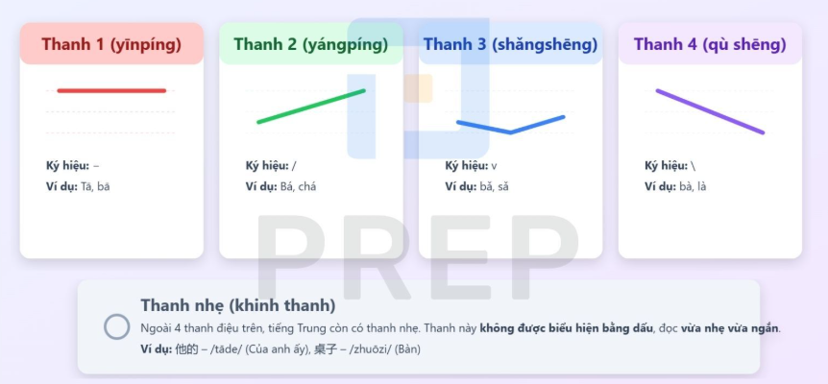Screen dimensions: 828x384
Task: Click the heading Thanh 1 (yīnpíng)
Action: pyautogui.click(x=111, y=44)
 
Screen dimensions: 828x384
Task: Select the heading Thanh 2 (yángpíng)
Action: pyautogui.click(x=311, y=44)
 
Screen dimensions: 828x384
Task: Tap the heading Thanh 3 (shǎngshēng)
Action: pyautogui.click(x=510, y=44)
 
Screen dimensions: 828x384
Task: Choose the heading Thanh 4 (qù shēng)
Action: pyautogui.click(x=710, y=44)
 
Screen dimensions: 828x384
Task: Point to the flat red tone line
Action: pyautogui.click(x=111, y=91)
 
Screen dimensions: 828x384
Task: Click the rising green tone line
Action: pyautogui.click(x=311, y=106)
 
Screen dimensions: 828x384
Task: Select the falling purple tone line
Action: pyautogui.click(x=710, y=111)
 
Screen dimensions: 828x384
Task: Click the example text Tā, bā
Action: pyautogui.click(x=95, y=186)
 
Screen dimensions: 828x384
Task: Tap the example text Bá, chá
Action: pyautogui.click(x=299, y=186)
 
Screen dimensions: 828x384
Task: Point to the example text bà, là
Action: pyautogui.click(x=693, y=186)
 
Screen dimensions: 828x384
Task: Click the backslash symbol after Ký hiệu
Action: pyautogui.click(x=693, y=166)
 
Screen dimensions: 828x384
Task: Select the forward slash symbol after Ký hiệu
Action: pyautogui.click(x=294, y=166)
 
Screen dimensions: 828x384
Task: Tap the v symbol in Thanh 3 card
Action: pyautogui.click(x=494, y=166)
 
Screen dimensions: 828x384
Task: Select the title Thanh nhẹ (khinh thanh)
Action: pyautogui.click(x=237, y=305)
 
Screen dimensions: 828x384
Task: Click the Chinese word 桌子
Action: pyautogui.click(x=326, y=348)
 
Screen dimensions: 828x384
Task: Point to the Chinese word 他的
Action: pyautogui.click(x=186, y=348)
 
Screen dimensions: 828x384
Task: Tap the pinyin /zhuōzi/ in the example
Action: pyautogui.click(x=369, y=349)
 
